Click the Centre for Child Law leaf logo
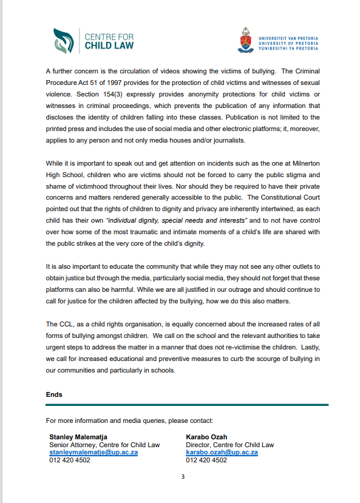[x=64, y=40]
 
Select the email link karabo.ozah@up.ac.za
[x=222, y=452]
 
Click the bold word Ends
[x=54, y=394]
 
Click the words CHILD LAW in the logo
[x=110, y=46]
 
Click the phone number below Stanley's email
[x=70, y=460]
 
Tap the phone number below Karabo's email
[x=206, y=460]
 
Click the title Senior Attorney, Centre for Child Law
[x=104, y=444]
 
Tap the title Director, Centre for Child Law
[x=229, y=444]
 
